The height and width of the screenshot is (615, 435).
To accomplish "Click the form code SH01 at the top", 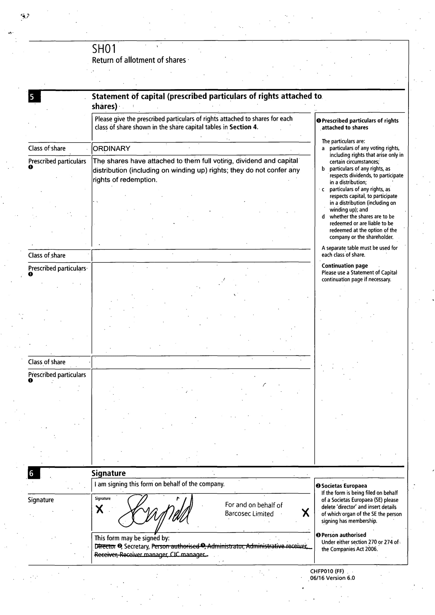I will tap(104, 49).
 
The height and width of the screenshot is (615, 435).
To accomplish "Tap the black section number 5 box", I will tap(34, 96).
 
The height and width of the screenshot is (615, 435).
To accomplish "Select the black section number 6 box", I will tap(34, 473).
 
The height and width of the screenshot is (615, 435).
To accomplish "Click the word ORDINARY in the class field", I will tap(112, 149).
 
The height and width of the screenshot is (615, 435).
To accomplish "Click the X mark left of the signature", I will tap(99, 509).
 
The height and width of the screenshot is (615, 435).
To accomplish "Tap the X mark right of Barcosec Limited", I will tap(306, 513).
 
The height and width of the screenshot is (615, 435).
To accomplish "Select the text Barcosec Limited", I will tap(249, 514).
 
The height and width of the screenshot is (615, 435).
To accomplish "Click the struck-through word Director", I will tap(105, 546).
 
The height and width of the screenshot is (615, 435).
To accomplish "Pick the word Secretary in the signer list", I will tap(136, 546).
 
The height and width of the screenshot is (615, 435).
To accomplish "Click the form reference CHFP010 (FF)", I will tap(327, 571).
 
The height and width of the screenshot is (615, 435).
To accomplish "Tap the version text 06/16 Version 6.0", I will tap(332, 578).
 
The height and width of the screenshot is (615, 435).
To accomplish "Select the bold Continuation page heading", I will tap(344, 266).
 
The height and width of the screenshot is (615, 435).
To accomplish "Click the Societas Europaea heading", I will tap(344, 486).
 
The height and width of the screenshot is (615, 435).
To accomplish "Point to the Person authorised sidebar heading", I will tap(344, 535).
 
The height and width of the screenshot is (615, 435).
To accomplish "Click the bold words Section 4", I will tap(243, 127).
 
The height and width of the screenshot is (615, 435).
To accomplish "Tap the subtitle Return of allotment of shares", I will tap(139, 60).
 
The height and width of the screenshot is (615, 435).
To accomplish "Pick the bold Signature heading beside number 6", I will tap(108, 473).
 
